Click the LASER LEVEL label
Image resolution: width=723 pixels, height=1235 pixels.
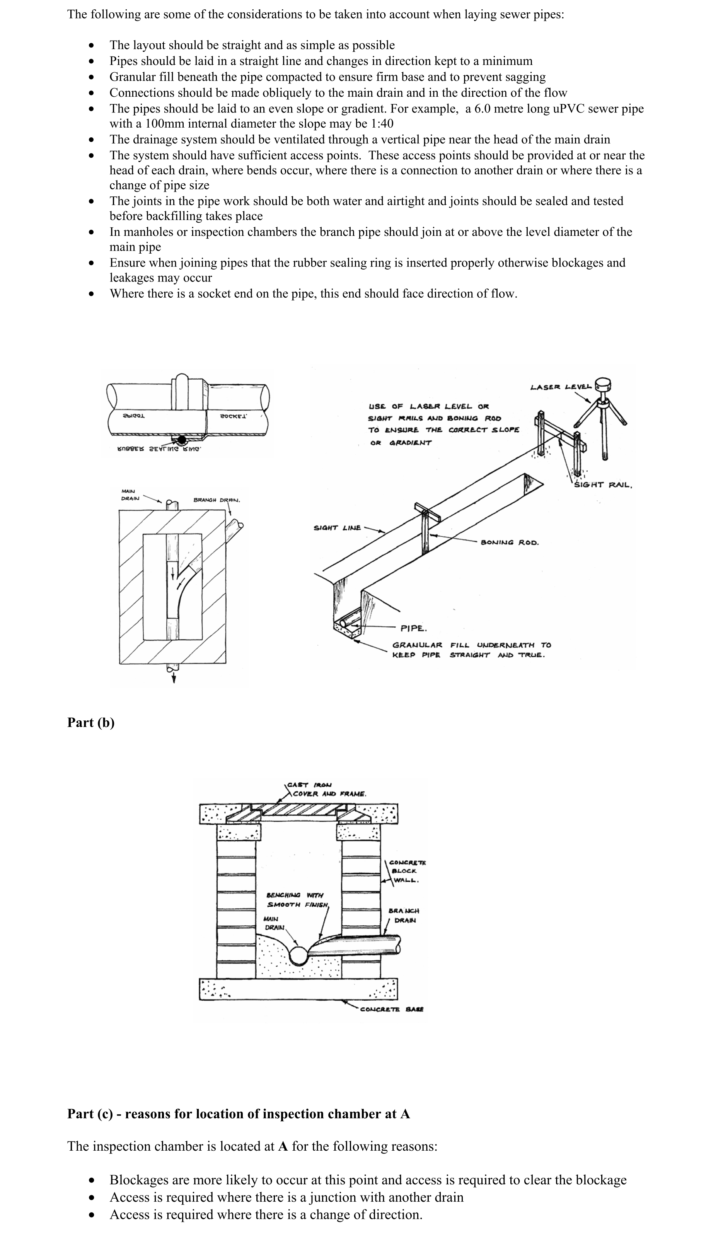tap(562, 387)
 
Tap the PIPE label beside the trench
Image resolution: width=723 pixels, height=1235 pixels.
tap(413, 628)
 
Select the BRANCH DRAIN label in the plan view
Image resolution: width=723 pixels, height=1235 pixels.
tap(216, 500)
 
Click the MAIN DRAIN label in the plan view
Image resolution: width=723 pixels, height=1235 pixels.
tap(130, 495)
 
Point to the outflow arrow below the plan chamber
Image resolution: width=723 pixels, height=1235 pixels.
tap(173, 678)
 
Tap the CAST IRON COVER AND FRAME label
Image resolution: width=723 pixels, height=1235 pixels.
tap(326, 790)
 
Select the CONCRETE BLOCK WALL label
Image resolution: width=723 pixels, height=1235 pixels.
tap(406, 872)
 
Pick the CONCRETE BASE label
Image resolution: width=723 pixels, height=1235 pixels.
tap(392, 1010)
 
